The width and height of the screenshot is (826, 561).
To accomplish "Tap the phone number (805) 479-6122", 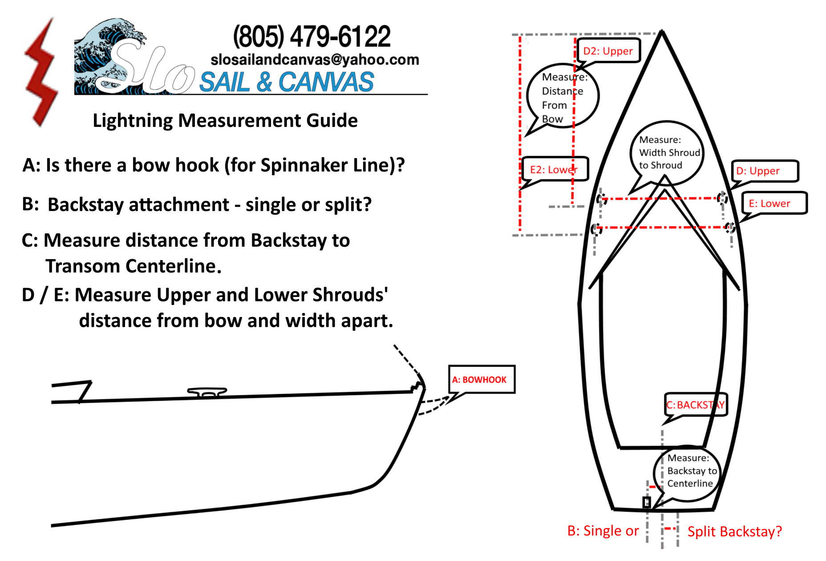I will point(312,37).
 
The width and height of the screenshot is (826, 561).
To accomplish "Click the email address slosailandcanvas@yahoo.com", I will point(315,60).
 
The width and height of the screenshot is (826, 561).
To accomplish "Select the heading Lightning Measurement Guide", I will point(225,121).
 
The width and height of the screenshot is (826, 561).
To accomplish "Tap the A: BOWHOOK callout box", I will point(482,379).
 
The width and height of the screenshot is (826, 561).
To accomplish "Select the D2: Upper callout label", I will point(608,51).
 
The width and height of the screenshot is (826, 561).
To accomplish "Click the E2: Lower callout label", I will point(554,169).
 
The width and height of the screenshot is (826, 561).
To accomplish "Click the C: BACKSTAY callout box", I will point(696,405).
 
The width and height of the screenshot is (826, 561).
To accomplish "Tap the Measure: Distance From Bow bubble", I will point(563,97).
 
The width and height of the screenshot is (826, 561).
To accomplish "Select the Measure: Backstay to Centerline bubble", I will point(687,471).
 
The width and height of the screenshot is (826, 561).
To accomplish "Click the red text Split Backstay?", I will point(734,532).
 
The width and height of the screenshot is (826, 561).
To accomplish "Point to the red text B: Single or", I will point(603,531).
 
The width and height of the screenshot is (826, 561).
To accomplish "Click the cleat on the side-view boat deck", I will point(207,392).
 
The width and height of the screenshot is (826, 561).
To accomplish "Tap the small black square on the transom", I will point(647,502).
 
